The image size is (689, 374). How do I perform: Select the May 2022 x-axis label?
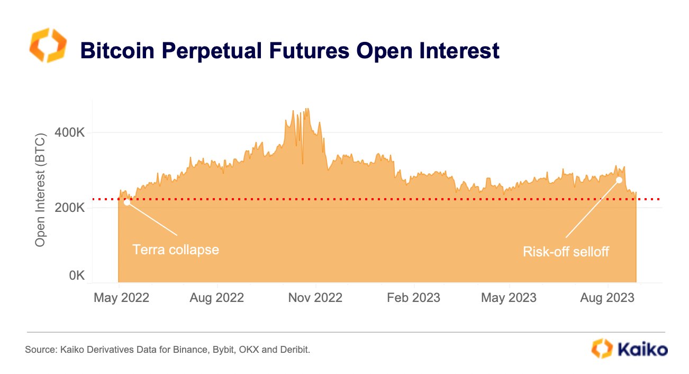121,298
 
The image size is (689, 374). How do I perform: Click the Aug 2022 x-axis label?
216,298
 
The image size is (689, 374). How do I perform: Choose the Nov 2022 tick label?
315,298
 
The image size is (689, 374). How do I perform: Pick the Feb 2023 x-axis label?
413,298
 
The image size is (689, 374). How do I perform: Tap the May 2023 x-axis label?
509,298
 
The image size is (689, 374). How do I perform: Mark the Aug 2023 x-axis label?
606,298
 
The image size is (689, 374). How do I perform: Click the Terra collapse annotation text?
175,250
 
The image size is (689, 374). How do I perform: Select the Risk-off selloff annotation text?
566,252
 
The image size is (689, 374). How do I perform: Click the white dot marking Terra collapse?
127,202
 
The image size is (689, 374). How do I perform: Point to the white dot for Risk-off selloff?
619,180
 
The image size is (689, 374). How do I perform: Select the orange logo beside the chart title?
48,46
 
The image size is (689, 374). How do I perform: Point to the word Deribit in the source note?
294,350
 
